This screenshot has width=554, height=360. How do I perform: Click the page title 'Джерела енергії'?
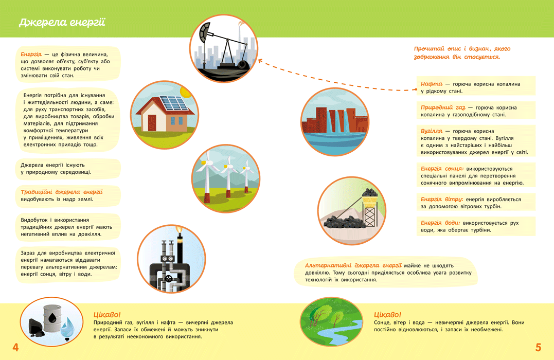click(62, 23)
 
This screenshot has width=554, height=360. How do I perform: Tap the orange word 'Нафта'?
click(432, 84)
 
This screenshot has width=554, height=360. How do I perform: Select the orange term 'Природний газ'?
click(443, 107)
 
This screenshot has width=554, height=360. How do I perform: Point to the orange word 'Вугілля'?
click(432, 131)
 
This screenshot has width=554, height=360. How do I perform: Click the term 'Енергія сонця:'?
click(442, 169)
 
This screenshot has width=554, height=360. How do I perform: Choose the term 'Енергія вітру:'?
click(442, 199)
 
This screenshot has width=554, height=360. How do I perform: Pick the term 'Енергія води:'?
click(440, 223)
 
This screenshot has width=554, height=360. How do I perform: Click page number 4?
click(15, 347)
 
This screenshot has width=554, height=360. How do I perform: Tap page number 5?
click(538, 347)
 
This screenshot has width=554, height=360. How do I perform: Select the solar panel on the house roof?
click(174, 103)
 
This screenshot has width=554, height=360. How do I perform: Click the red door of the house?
click(152, 123)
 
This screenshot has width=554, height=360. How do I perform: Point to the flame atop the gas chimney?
click(180, 230)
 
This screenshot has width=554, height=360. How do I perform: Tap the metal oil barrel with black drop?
click(52, 319)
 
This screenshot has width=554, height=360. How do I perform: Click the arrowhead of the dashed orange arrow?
click(261, 62)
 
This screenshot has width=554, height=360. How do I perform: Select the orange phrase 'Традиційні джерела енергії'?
click(62, 192)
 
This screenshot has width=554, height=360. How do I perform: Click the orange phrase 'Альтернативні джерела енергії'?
click(353, 265)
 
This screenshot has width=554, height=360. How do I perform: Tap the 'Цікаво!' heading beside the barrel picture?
click(107, 314)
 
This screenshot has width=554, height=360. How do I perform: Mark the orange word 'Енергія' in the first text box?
click(31, 54)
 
